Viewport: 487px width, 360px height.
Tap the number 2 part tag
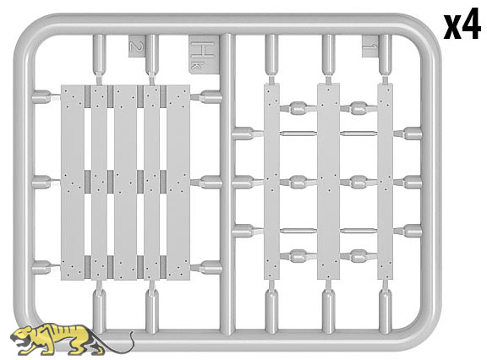click(135, 46)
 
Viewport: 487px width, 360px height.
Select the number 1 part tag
click(370, 46)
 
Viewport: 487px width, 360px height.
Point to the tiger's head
click(22, 336)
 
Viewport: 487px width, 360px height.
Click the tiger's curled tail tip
click(132, 333)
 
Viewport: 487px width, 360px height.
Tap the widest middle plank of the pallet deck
click(125, 183)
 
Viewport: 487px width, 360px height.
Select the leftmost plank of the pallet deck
click(73, 183)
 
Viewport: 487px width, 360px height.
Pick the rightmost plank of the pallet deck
click(178, 183)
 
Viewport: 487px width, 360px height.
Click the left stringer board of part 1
click(271, 182)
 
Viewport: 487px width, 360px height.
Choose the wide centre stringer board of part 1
click(328, 182)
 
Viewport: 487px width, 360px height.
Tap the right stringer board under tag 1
click(386, 182)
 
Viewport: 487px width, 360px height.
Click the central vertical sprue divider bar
click(227, 184)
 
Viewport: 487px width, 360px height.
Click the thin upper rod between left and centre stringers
click(298, 134)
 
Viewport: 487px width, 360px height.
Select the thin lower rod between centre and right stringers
click(358, 231)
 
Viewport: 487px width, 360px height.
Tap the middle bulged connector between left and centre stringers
click(298, 183)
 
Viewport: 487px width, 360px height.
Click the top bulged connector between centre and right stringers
click(358, 108)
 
